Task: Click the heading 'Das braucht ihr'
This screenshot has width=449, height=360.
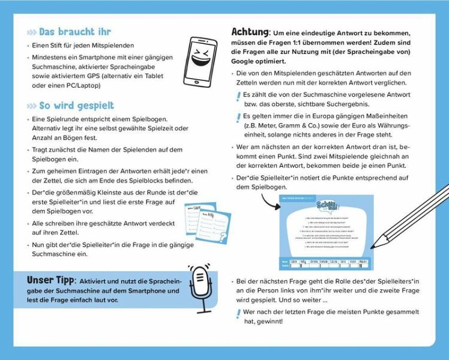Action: [x=75, y=32]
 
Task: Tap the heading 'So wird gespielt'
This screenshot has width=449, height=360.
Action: [x=76, y=106]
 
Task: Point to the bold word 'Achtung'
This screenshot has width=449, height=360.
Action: [x=250, y=32]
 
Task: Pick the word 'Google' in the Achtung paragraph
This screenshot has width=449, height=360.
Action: [x=245, y=61]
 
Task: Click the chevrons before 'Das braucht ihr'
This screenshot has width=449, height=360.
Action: [x=31, y=32]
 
